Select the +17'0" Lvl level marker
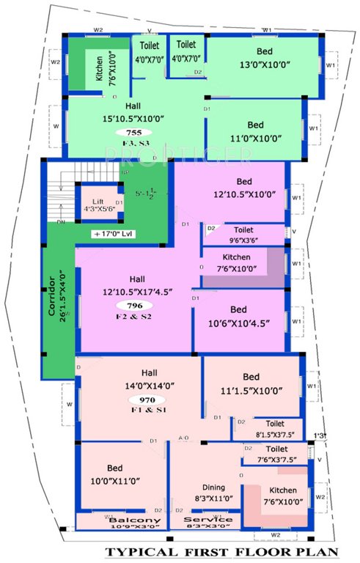[x=116, y=234]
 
